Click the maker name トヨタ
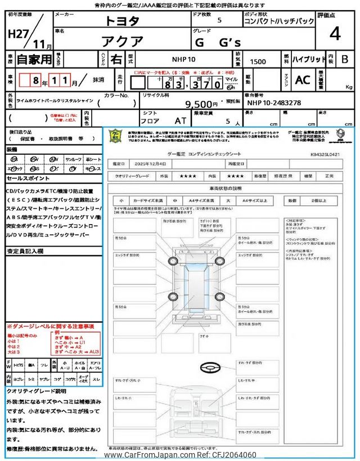[123, 21]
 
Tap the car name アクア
[123, 41]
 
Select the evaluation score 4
[335, 34]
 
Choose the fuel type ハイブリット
[307, 58]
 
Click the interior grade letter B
[345, 59]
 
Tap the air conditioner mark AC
[303, 80]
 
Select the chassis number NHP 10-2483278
[274, 103]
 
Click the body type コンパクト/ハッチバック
[279, 21]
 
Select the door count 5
[219, 20]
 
